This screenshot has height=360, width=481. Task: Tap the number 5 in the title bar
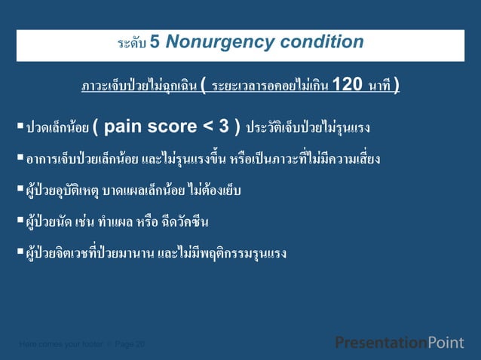point(154,42)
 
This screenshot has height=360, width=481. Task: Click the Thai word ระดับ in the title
point(131,44)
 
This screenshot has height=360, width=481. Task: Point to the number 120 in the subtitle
point(347,84)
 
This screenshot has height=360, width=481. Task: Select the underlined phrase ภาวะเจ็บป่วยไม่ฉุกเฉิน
point(139,86)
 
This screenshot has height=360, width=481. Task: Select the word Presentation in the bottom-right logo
point(380,343)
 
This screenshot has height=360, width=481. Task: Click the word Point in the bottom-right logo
point(446,343)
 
